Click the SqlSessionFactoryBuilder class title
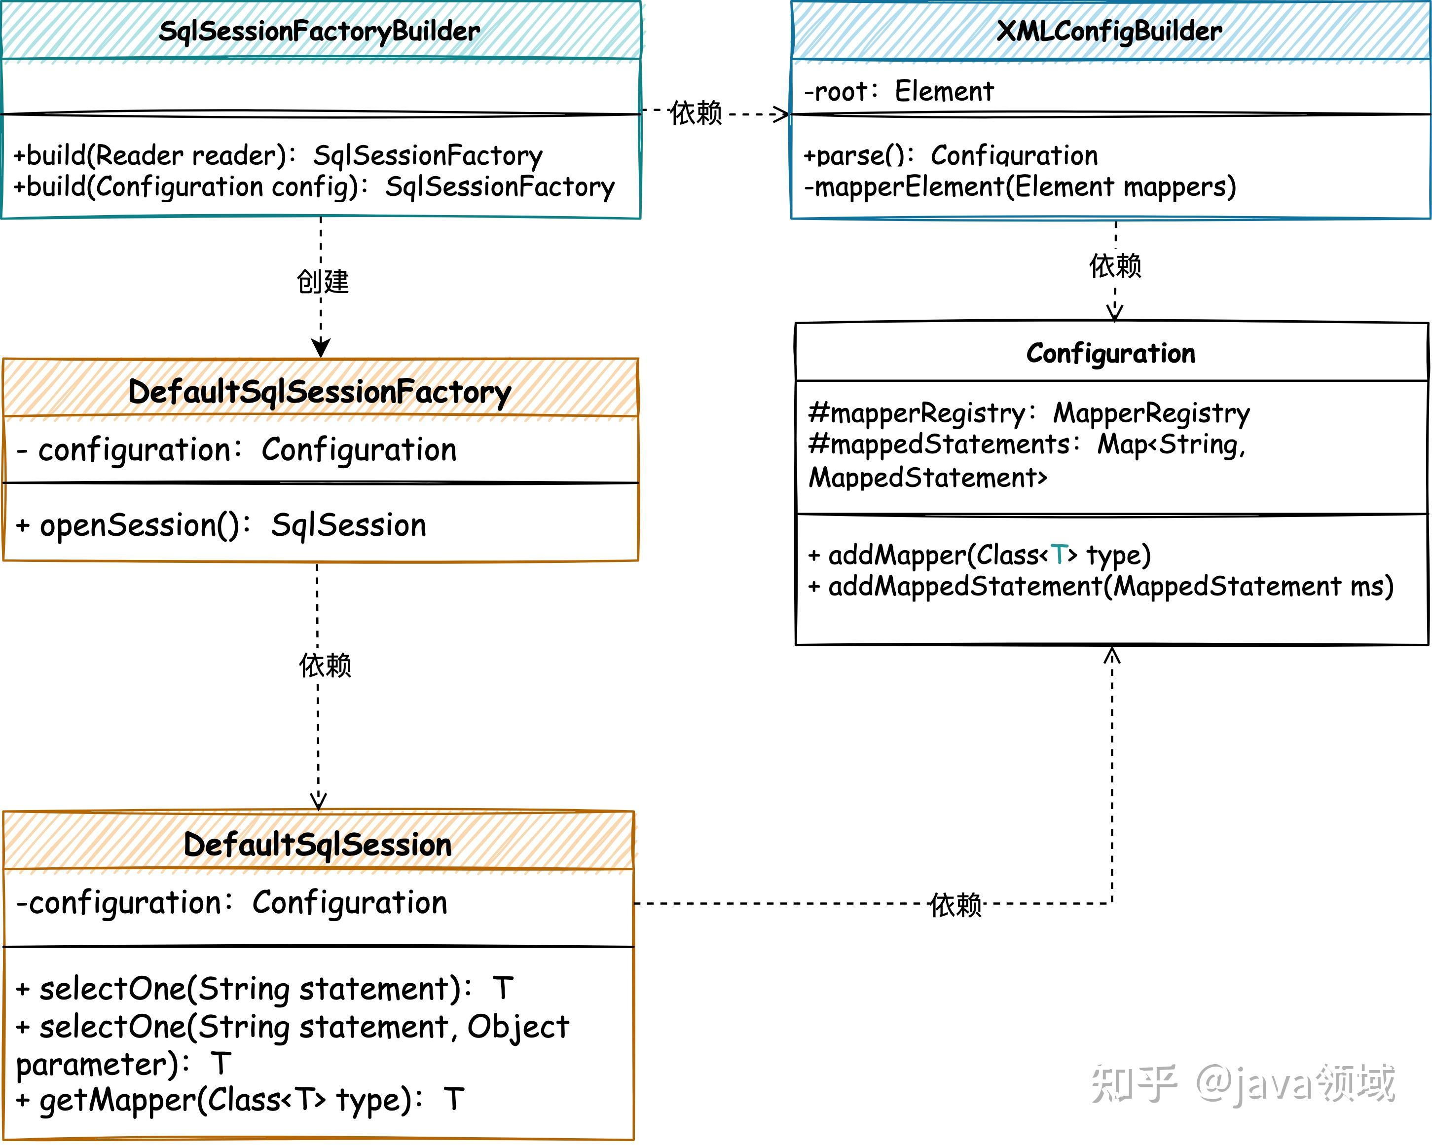pyautogui.click(x=320, y=31)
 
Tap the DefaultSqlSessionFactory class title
pyautogui.click(x=320, y=392)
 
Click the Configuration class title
pyautogui.click(x=1110, y=353)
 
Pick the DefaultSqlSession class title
pyautogui.click(x=318, y=845)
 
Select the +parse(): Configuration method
pyautogui.click(x=950, y=155)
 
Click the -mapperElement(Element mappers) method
pyautogui.click(x=1020, y=186)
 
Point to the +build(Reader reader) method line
pyautogui.click(x=278, y=155)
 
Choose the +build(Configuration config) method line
pyautogui.click(x=314, y=186)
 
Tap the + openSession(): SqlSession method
pyautogui.click(x=220, y=525)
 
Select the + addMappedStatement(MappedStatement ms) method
pyautogui.click(x=1100, y=587)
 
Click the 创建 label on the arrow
pyautogui.click(x=322, y=282)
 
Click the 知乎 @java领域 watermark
pyautogui.click(x=1242, y=1083)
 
